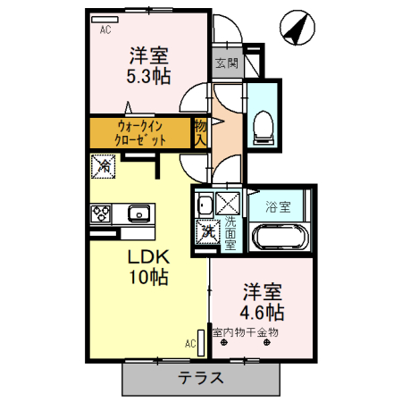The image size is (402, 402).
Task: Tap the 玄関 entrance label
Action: point(227,63)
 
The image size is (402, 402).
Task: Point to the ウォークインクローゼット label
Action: point(141,133)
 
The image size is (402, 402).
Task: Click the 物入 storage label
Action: point(201,132)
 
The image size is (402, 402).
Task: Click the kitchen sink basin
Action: point(139,214)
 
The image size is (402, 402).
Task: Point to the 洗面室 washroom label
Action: point(230,231)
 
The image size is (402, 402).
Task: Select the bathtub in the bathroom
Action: point(281,237)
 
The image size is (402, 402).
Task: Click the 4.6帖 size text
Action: point(262,313)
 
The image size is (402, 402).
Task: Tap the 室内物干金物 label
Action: point(246,332)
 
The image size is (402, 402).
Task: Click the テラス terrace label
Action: point(200,377)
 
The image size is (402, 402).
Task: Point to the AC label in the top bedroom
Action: point(105,29)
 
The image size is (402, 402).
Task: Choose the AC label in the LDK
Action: point(190,342)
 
